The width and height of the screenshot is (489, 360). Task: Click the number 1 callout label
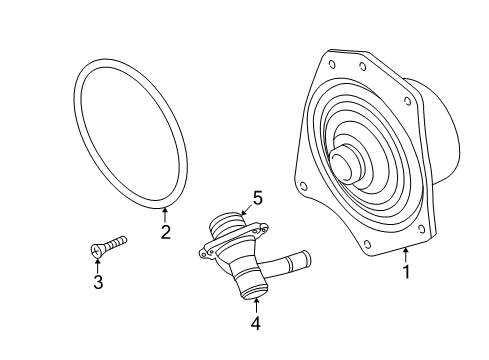click(x=406, y=271)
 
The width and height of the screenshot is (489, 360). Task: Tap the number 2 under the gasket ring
click(x=166, y=233)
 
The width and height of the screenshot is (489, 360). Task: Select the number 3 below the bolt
click(x=97, y=282)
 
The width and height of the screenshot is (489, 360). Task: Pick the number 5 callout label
click(x=257, y=198)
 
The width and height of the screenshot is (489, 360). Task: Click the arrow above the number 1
click(x=406, y=253)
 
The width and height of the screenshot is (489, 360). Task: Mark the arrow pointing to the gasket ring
click(x=166, y=214)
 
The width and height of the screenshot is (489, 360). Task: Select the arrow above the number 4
click(x=255, y=304)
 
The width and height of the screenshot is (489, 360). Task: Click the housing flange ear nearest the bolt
click(x=204, y=253)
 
